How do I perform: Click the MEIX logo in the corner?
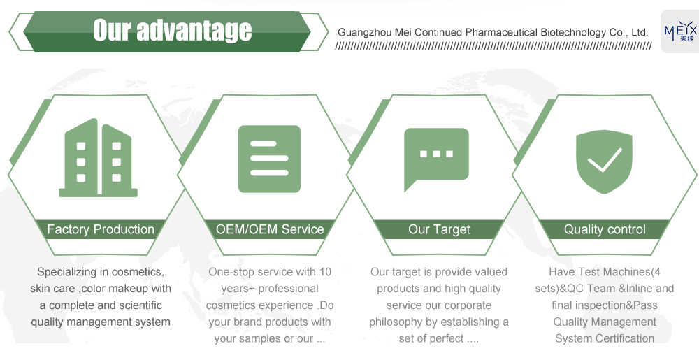680,31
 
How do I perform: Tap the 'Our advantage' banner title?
172,30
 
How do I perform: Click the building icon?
98,158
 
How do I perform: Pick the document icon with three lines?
269,159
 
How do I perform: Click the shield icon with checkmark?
604,161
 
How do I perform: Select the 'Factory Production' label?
101,229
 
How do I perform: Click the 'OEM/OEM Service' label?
270,229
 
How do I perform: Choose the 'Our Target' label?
439,229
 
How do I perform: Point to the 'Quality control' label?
605,229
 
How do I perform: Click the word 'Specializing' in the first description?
66,272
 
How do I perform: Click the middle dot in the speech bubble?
436,154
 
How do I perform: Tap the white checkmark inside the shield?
605,160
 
